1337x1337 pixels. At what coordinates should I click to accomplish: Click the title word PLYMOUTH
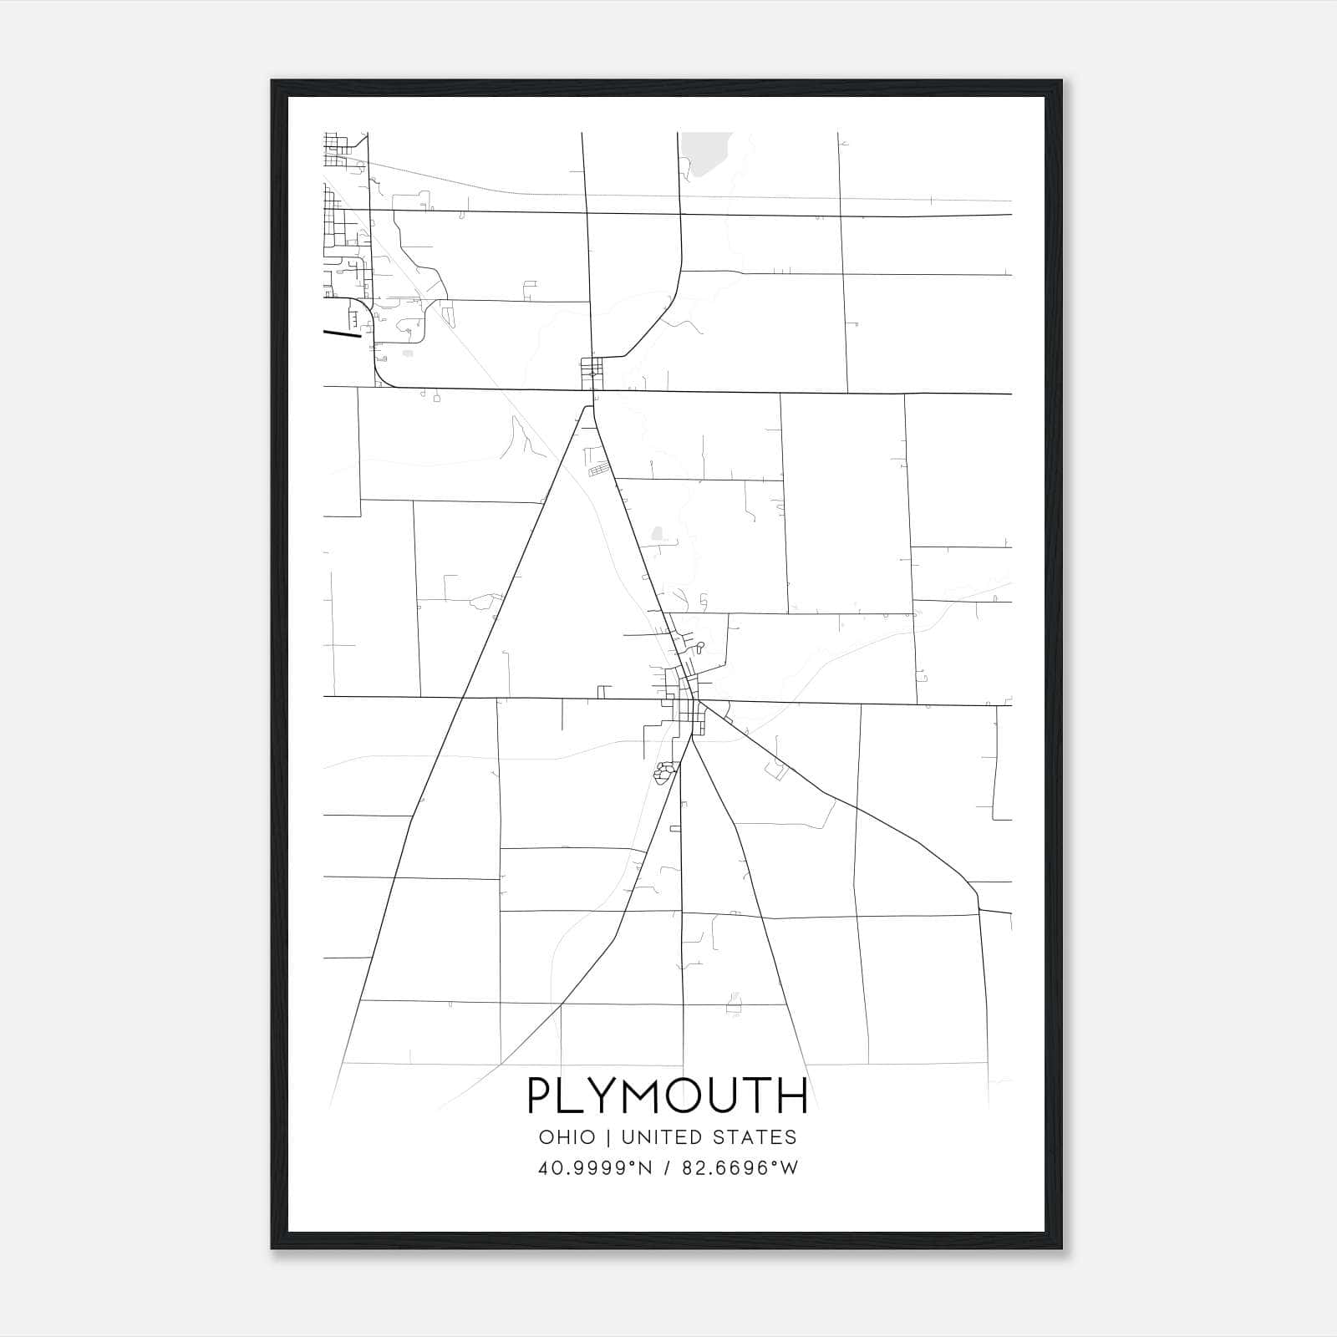[x=668, y=1096]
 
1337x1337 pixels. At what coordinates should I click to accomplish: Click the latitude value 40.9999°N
[x=593, y=1168]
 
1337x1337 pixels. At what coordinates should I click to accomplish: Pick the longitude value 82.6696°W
[x=740, y=1168]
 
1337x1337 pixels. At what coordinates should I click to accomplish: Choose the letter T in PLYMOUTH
[x=758, y=1096]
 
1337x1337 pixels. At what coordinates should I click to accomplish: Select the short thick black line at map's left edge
[x=342, y=333]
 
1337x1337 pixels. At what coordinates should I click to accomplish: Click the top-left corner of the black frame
[x=272, y=81]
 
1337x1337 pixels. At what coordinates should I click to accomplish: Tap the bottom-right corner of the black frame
[x=1061, y=1248]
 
